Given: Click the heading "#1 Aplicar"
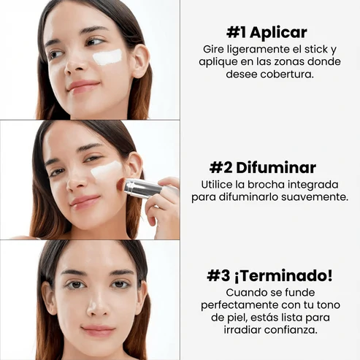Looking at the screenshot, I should [x=266, y=32].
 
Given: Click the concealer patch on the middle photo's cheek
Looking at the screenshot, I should [x=107, y=174].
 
